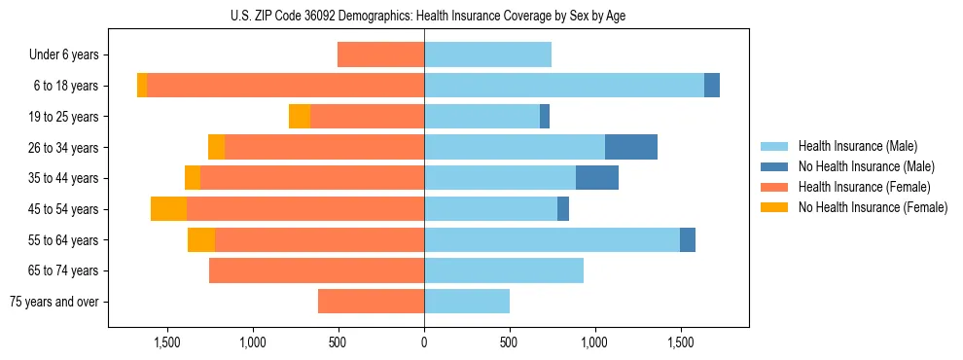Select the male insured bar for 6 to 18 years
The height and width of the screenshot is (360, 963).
564,86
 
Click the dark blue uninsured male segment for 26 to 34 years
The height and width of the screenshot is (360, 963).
630,147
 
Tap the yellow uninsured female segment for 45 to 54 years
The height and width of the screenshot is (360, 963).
168,209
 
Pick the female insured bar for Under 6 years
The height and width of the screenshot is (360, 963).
380,54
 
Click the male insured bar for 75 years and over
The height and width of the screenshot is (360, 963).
467,302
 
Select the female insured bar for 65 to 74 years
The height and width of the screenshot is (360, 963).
316,270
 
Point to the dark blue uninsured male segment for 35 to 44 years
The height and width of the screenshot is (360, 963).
597,178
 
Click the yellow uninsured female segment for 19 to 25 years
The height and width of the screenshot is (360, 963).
300,117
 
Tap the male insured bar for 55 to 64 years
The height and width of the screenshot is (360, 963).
552,239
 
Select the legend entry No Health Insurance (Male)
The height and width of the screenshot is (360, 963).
866,166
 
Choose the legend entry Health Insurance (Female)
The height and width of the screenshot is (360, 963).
864,187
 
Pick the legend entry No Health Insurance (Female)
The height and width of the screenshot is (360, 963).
873,207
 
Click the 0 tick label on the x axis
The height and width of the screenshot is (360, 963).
424,342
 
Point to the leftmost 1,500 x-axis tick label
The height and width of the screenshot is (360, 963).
167,342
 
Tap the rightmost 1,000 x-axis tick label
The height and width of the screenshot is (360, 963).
594,342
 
